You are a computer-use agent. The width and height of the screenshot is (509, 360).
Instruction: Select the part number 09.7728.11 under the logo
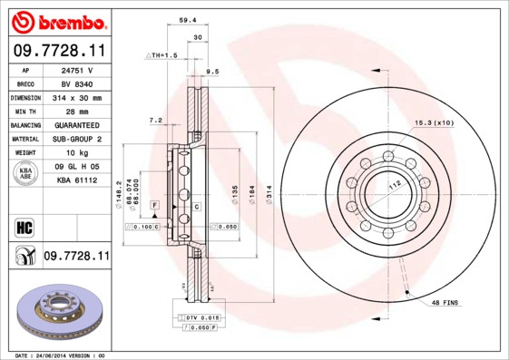click(56, 51)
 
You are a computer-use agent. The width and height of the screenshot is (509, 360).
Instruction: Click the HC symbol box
click(24, 226)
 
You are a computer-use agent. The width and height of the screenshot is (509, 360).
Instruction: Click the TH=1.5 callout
click(164, 55)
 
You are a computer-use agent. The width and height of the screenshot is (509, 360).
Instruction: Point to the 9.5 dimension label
click(213, 71)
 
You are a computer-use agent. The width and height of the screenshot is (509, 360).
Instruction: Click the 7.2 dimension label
click(155, 120)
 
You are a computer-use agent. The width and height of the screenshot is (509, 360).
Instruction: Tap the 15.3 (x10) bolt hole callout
click(434, 122)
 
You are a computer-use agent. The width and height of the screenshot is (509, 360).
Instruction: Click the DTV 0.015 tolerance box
click(201, 316)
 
